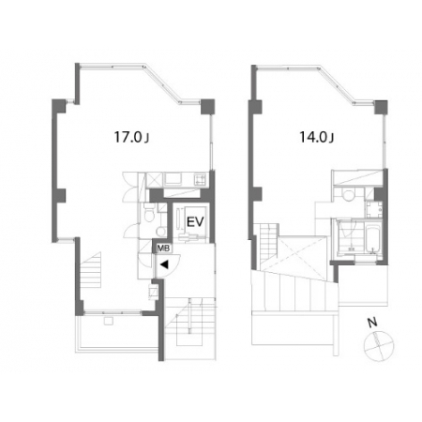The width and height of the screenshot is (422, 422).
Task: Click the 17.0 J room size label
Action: click(x=131, y=137)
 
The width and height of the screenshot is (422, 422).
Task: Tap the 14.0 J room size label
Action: click(x=317, y=137)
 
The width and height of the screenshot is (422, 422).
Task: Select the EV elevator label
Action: click(x=195, y=221)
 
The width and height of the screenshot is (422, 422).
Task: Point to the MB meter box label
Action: click(x=163, y=249)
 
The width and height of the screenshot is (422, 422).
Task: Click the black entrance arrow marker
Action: click(x=164, y=264)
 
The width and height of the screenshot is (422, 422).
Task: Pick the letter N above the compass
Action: click(x=372, y=323)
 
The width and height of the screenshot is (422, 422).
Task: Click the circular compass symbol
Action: click(x=379, y=346)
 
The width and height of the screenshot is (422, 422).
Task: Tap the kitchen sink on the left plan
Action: click(x=173, y=179)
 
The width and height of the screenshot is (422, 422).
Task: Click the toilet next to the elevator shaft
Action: click(x=149, y=214)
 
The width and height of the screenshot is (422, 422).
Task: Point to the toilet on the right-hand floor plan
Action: click(x=347, y=195)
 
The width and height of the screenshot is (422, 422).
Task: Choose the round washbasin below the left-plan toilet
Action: click(x=161, y=232)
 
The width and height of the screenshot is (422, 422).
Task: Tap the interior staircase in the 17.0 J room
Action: click(x=91, y=270)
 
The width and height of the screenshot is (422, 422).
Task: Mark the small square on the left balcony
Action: click(x=109, y=322)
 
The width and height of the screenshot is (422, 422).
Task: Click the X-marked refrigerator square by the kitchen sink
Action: click(x=155, y=179)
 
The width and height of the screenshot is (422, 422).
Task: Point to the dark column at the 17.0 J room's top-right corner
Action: click(x=207, y=107)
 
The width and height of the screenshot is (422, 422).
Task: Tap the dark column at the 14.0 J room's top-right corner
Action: click(x=381, y=108)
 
